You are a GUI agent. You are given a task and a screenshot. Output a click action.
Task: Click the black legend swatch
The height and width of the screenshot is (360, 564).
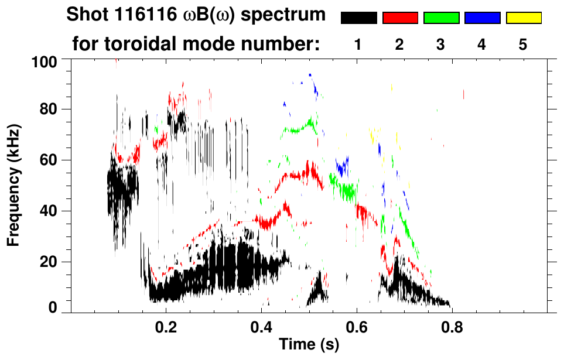coord(358,18)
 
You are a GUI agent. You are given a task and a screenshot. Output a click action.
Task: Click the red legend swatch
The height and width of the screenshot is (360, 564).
coord(400,18)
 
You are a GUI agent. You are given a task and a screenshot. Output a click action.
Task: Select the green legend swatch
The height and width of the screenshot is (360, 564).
coord(441,18)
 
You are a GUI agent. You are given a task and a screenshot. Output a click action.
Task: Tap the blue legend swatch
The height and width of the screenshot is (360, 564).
coord(482,18)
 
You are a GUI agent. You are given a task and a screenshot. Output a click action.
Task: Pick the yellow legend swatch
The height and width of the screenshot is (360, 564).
coord(524,18)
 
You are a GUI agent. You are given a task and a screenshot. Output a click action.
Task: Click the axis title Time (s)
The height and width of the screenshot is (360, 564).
coord(308,345)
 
